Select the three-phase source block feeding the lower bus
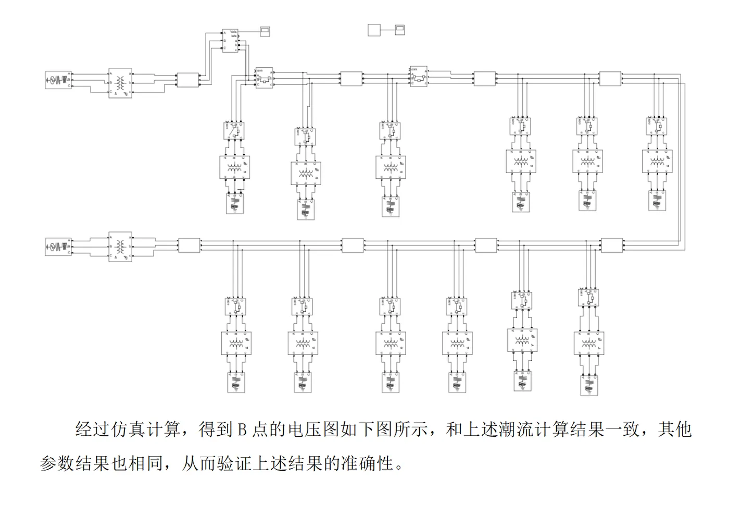pyautogui.click(x=58, y=246)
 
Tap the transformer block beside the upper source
pyautogui.click(x=120, y=83)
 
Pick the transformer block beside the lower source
pyautogui.click(x=120, y=247)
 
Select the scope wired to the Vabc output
pyautogui.click(x=265, y=30)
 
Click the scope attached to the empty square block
pyautogui.click(x=399, y=29)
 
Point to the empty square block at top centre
pyautogui.click(x=374, y=30)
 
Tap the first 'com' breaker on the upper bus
pyautogui.click(x=264, y=79)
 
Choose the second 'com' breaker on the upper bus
pyautogui.click(x=419, y=77)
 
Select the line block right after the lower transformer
pyautogui.click(x=189, y=246)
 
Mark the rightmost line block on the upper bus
pyautogui.click(x=610, y=79)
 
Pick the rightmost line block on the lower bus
pyautogui.click(x=612, y=245)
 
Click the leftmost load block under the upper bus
pyautogui.click(x=235, y=203)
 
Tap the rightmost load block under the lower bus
pyautogui.click(x=589, y=385)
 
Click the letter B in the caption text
pyautogui.click(x=242, y=430)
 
